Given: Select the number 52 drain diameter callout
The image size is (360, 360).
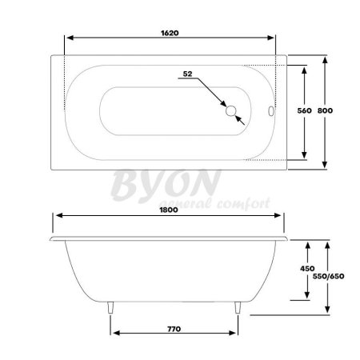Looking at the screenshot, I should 188,74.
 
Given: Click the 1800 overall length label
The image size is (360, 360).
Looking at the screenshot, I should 167,210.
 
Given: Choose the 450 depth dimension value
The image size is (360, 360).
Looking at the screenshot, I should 306,270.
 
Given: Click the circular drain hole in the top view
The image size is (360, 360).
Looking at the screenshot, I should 233,111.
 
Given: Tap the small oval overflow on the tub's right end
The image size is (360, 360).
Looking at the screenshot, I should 270,111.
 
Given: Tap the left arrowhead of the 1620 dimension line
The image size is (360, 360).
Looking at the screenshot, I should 70,39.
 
